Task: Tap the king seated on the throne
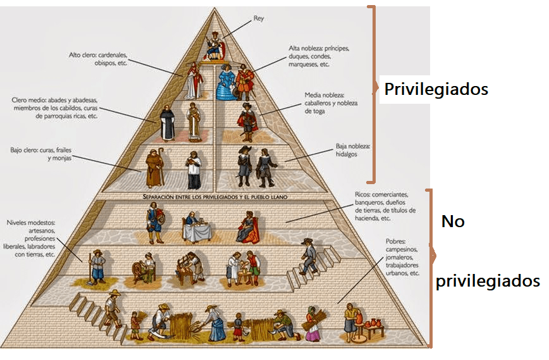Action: coord(214,47)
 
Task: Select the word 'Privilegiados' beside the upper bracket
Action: coord(436,89)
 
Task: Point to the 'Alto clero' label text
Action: coord(99,59)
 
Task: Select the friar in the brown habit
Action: coord(154,167)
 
